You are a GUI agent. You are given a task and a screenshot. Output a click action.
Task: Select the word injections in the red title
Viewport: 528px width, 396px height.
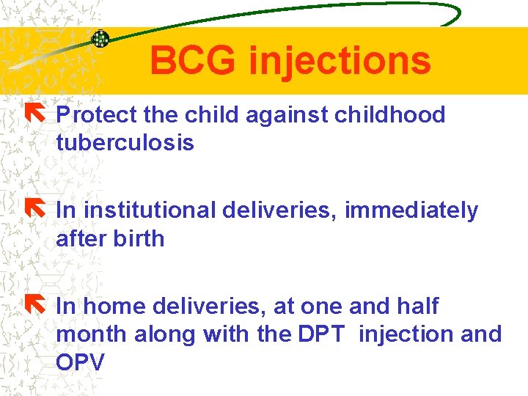click(340, 62)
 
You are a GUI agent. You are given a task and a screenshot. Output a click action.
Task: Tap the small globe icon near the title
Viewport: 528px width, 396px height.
click(100, 40)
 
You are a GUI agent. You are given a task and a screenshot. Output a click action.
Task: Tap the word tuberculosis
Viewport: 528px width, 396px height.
click(125, 143)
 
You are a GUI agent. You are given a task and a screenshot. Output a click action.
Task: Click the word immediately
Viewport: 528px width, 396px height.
click(411, 211)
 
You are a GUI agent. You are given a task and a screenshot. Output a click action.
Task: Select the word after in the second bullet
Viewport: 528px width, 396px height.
click(80, 238)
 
